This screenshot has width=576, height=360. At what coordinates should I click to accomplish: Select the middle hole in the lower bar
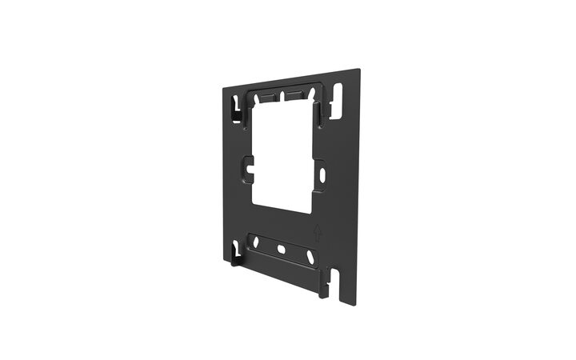(281, 250)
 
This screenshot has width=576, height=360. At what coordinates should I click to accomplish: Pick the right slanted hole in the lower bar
(309, 258)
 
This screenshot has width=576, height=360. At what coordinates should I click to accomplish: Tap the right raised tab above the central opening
(294, 95)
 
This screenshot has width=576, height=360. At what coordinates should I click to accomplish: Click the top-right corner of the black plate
(359, 70)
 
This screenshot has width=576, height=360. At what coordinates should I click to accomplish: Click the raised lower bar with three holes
(282, 250)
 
